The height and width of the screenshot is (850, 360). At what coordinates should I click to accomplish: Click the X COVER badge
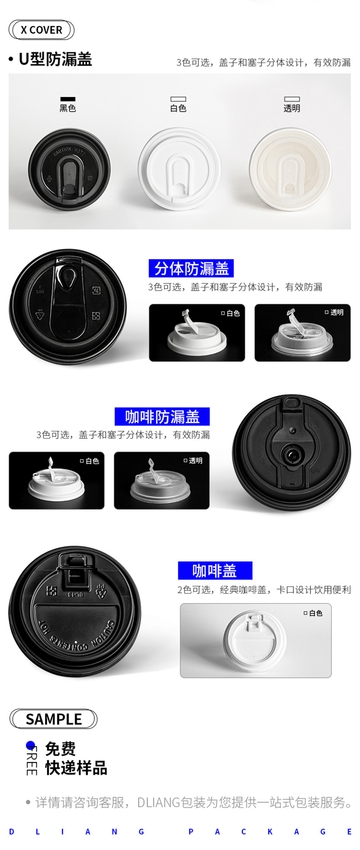pyautogui.click(x=41, y=30)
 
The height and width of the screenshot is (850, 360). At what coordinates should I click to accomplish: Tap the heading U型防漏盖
pyautogui.click(x=55, y=59)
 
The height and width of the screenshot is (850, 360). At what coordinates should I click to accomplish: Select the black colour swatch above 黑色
pyautogui.click(x=68, y=99)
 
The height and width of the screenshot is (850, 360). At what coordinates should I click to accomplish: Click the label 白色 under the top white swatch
pyautogui.click(x=178, y=108)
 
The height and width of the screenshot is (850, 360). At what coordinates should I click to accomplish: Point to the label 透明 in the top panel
pyautogui.click(x=292, y=108)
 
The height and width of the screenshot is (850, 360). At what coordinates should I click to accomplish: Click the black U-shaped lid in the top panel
pyautogui.click(x=69, y=170)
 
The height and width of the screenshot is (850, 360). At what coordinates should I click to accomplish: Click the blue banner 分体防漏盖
pyautogui.click(x=191, y=268)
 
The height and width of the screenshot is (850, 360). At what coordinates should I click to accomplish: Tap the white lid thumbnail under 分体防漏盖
pyautogui.click(x=197, y=333)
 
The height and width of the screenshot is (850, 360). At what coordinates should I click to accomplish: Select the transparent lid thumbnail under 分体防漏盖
pyautogui.click(x=302, y=333)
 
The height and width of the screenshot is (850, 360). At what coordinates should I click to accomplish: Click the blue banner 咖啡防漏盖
pyautogui.click(x=162, y=416)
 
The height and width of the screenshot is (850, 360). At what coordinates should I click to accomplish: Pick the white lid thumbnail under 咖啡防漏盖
pyautogui.click(x=57, y=481)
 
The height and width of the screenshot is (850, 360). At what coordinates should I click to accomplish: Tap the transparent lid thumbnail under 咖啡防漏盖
pyautogui.click(x=161, y=481)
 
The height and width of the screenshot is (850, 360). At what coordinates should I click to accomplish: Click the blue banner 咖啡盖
pyautogui.click(x=215, y=570)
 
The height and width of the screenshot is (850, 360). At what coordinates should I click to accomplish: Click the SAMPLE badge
pyautogui.click(x=53, y=719)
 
